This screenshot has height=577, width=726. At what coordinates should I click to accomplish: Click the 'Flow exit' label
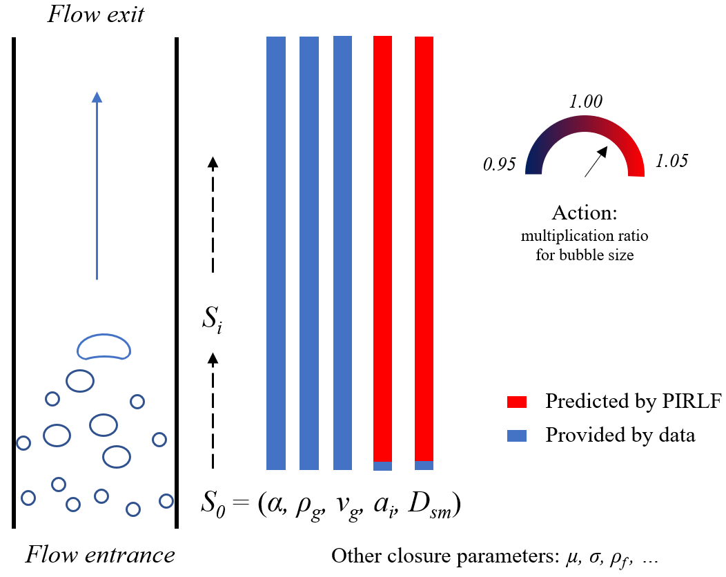(x=95, y=14)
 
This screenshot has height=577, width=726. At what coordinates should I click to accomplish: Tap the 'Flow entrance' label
(x=101, y=554)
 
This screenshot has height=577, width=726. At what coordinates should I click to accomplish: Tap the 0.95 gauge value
(x=500, y=165)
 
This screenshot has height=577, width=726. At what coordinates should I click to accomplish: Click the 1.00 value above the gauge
(x=585, y=102)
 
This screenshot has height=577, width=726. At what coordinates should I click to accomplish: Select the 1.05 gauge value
(x=672, y=162)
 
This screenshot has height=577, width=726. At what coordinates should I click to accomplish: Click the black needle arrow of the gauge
(x=597, y=161)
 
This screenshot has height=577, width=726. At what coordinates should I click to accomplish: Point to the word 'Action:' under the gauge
(x=585, y=212)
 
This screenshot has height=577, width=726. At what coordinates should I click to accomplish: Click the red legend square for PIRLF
(x=517, y=402)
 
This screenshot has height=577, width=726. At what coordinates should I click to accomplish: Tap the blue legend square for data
(x=517, y=436)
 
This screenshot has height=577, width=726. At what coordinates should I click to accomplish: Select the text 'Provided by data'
(x=620, y=436)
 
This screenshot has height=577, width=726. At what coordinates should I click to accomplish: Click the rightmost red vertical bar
(x=424, y=248)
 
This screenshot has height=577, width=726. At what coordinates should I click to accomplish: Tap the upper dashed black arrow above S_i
(x=213, y=214)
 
